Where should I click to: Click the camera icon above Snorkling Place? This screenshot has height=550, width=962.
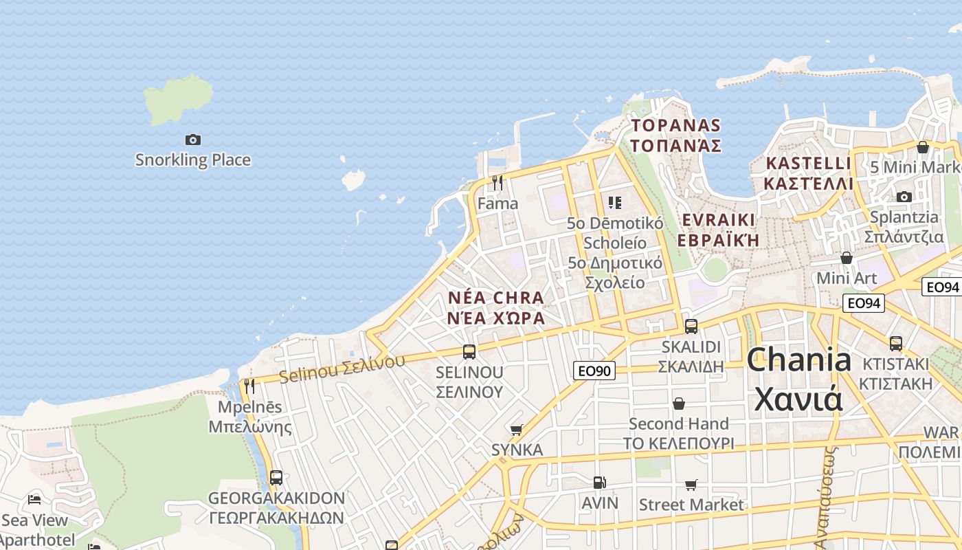pos(193,140)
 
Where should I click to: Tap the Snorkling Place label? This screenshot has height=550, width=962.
pos(193,160)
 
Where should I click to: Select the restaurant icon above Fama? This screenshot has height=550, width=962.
pos(497,182)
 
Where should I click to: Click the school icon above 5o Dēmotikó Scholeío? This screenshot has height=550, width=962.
pos(614,202)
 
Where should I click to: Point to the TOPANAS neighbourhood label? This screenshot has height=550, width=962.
pos(675,135)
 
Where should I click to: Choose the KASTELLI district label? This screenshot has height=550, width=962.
pos(808,173)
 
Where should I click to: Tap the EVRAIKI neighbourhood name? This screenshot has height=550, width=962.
pos(718,230)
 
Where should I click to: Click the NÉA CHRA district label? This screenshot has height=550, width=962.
pos(495,307)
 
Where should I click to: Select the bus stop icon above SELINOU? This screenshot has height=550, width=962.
pos(469,352)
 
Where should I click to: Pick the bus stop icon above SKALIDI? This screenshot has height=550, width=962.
pos(691,327)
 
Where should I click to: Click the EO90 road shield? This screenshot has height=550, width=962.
pos(594,371)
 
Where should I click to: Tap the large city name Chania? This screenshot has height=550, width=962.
pos(799,379)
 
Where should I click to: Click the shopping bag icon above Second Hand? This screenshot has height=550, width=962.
pos(679,404)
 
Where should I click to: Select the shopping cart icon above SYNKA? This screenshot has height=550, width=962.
pos(517,430)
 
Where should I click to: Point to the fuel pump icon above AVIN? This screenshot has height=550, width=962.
pos(600,483)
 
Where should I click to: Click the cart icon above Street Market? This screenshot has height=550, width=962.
pos(691,485)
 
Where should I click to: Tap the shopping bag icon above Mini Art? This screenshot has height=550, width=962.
pos(847,258)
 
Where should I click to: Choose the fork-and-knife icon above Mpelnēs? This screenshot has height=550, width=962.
pos(249,386)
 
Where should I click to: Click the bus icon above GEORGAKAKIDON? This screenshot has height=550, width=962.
pos(276,477)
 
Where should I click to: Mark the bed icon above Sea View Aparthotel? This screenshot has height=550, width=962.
pos(34,499)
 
